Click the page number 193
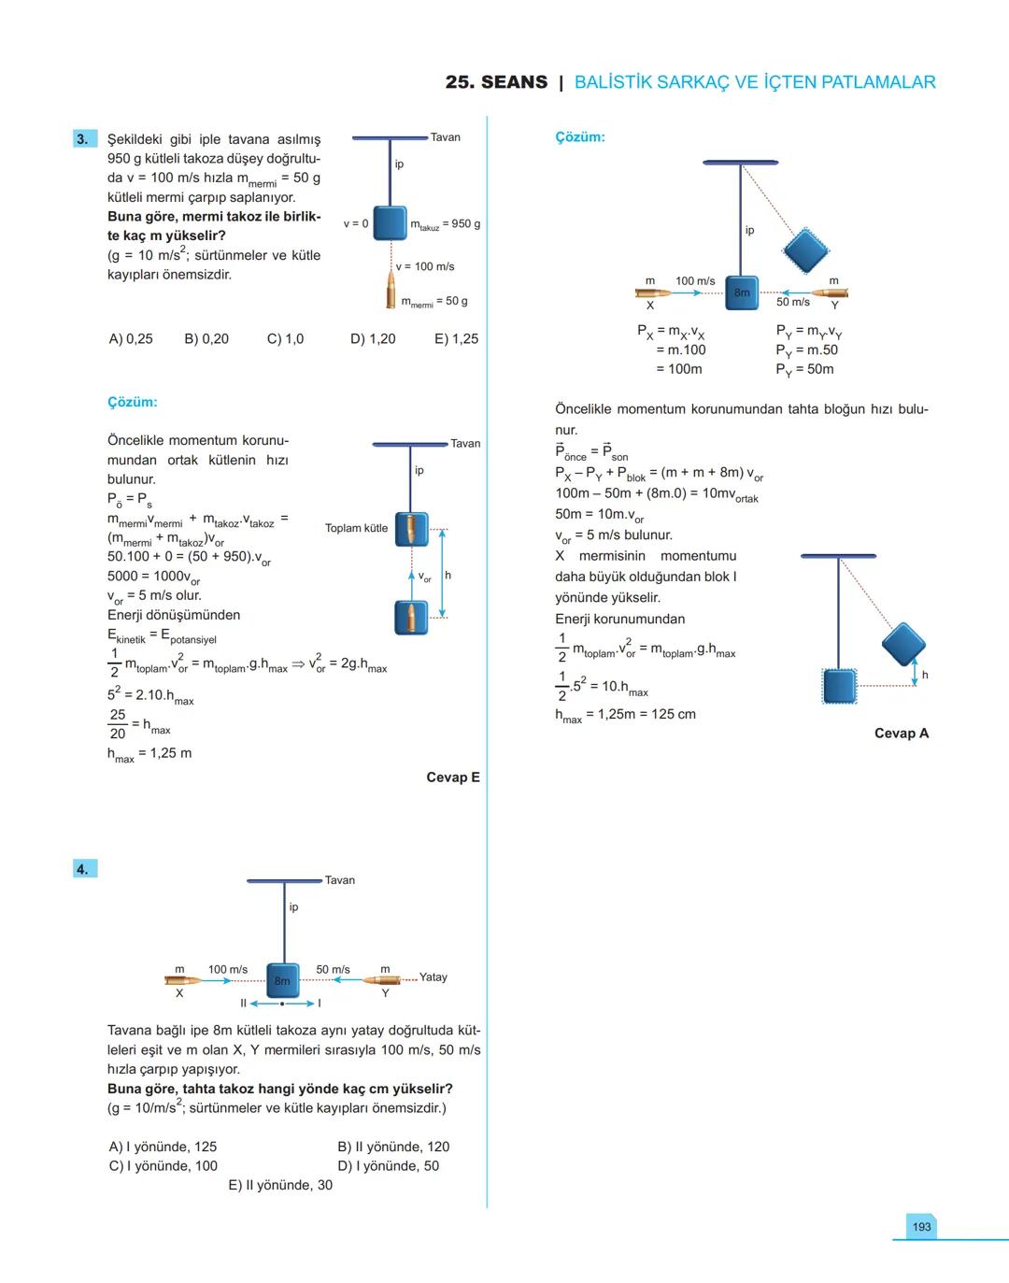[921, 1226]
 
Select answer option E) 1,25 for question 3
[456, 339]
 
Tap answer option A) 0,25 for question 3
[131, 339]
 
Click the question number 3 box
[83, 139]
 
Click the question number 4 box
[83, 869]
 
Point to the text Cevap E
[453, 777]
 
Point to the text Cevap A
[902, 734]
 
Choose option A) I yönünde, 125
[163, 1147]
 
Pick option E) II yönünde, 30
[280, 1185]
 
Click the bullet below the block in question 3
[391, 292]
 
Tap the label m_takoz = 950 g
[446, 224]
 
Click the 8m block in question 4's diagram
[283, 980]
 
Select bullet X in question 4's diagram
[182, 980]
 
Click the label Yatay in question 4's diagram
[433, 977]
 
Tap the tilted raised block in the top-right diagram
[805, 249]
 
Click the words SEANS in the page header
[515, 82]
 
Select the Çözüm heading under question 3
[133, 403]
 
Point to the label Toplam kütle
[356, 528]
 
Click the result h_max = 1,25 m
[149, 754]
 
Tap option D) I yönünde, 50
[388, 1166]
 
